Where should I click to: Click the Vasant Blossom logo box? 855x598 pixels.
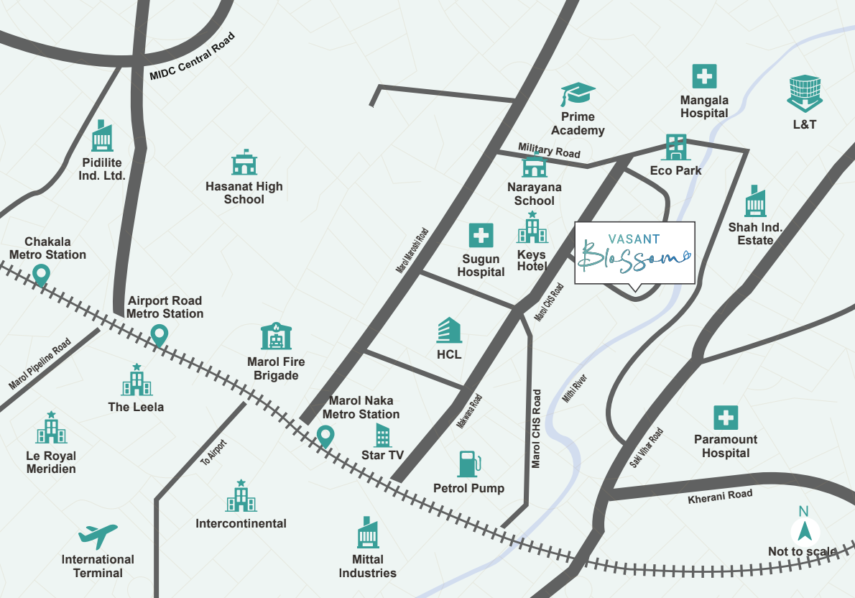coord(635,253)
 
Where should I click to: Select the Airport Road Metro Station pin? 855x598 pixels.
coord(158,334)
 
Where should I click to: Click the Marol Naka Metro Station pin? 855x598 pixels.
coord(325,436)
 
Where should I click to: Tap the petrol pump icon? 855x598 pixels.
coord(468,464)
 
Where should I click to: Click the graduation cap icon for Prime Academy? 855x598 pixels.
coord(578,95)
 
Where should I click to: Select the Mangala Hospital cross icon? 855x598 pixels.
coord(704,77)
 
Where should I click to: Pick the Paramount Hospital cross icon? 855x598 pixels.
coord(726,418)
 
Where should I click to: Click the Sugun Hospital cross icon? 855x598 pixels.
coord(481,236)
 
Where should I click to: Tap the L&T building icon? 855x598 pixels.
coord(804,93)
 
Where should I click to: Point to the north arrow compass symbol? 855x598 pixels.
coord(804,531)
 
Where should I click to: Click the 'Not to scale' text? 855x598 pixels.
coord(802,552)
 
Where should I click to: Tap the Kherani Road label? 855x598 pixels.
coord(720,496)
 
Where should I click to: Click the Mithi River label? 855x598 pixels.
coord(575,386)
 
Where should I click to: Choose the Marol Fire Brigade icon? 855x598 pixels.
coord(276,336)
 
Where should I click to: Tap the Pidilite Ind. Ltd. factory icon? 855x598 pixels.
coord(103,137)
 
